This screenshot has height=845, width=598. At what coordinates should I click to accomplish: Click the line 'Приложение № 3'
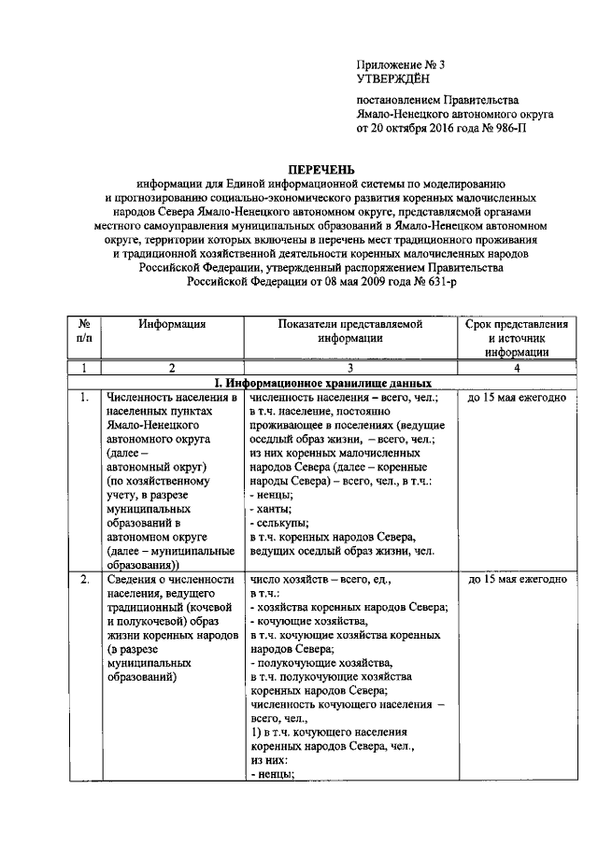click(401, 64)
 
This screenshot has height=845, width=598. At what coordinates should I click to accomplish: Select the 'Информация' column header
click(173, 324)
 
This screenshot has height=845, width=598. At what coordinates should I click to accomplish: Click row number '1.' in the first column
click(84, 398)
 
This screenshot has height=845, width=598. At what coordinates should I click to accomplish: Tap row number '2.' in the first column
click(84, 579)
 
